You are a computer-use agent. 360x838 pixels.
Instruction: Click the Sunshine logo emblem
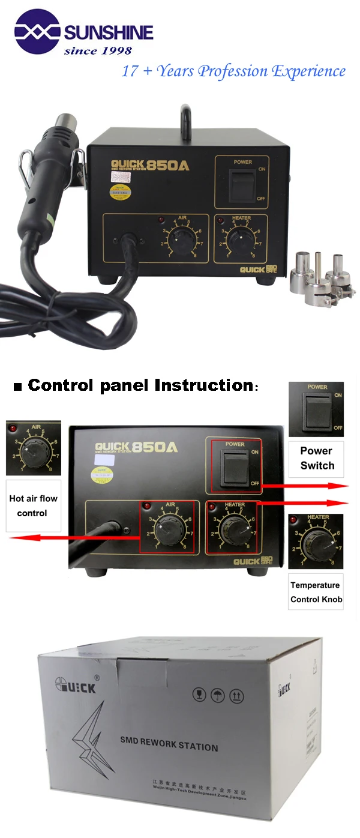(37, 31)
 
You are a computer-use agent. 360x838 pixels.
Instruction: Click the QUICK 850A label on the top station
(150, 164)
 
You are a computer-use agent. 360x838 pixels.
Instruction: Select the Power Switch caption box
(317, 459)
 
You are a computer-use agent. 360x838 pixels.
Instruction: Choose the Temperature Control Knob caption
(316, 592)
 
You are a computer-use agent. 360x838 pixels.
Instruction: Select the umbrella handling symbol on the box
(217, 695)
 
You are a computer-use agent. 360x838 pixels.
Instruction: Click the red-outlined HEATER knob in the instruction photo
(231, 528)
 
